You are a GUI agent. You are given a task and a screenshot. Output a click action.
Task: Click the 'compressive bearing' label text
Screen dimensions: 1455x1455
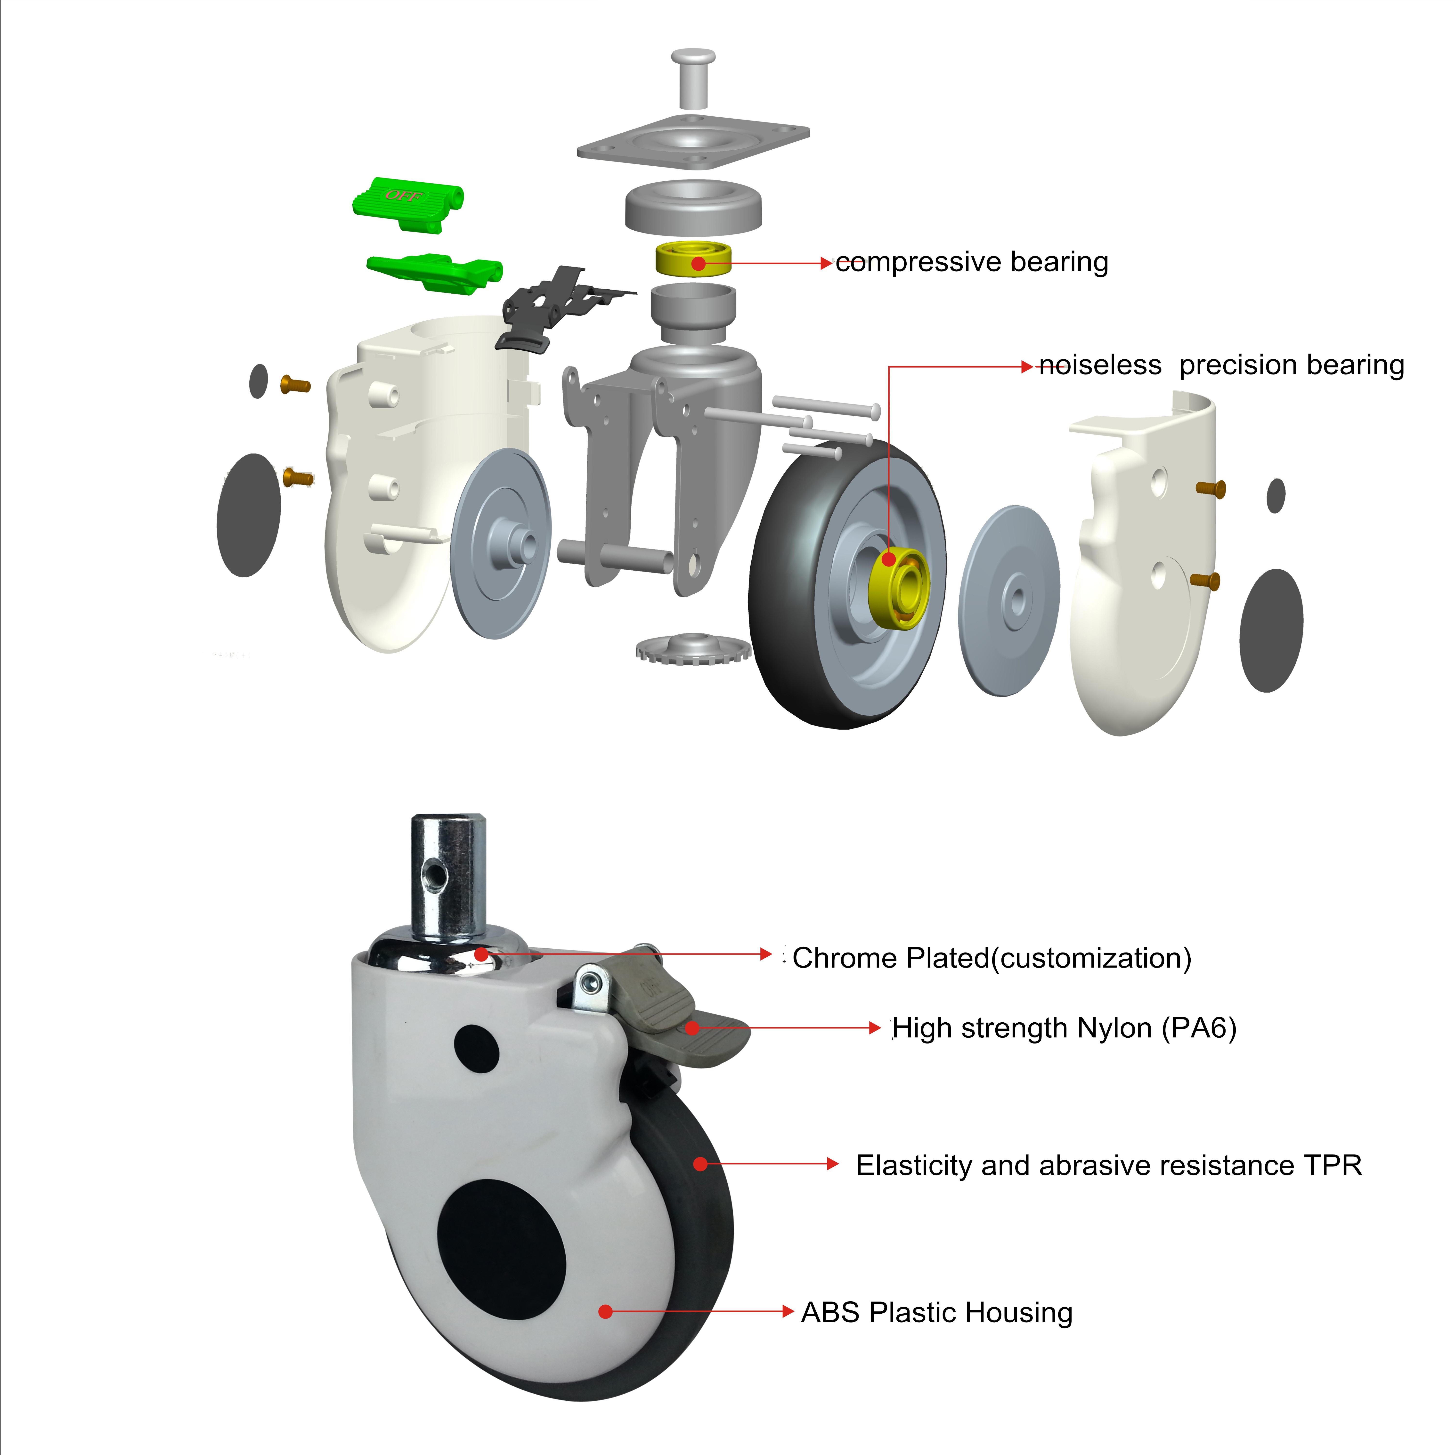[x=972, y=262]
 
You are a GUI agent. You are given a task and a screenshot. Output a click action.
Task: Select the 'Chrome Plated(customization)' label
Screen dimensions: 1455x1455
[x=991, y=958]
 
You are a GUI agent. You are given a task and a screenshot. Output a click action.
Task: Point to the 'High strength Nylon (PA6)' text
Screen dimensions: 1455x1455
[x=1063, y=1028]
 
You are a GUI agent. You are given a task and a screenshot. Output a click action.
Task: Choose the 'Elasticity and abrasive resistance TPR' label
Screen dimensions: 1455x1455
[x=1109, y=1165]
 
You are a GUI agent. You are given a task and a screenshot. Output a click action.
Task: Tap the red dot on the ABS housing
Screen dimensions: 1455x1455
[x=605, y=1312]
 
